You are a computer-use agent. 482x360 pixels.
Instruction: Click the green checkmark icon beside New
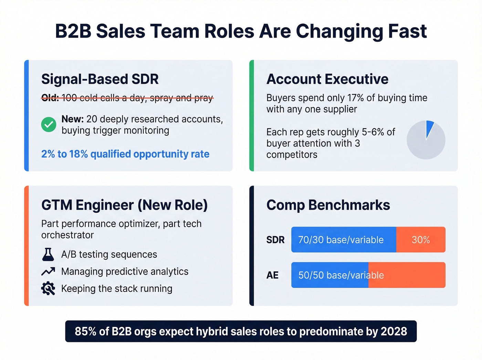tap(49, 124)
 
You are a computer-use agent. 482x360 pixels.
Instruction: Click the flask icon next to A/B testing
tap(48, 255)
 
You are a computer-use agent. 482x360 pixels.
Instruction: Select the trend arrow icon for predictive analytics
tap(48, 271)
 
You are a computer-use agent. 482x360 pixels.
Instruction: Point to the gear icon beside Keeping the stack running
tap(48, 288)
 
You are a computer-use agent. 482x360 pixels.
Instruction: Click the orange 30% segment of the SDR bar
tap(421, 240)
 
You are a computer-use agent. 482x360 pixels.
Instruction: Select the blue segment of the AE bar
tap(330, 275)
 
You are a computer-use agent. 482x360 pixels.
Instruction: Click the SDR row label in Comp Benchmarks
tap(275, 240)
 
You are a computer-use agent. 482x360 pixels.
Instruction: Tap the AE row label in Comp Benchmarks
tap(272, 275)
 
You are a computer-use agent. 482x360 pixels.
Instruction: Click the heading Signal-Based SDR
tap(100, 79)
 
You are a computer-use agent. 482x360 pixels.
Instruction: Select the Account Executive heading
tap(327, 79)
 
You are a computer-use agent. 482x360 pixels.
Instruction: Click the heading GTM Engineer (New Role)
tap(124, 205)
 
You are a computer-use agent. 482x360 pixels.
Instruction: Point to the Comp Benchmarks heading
tap(328, 205)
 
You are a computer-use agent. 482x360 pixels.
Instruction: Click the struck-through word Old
tap(50, 98)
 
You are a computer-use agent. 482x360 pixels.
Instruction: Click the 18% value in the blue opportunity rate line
tap(78, 154)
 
